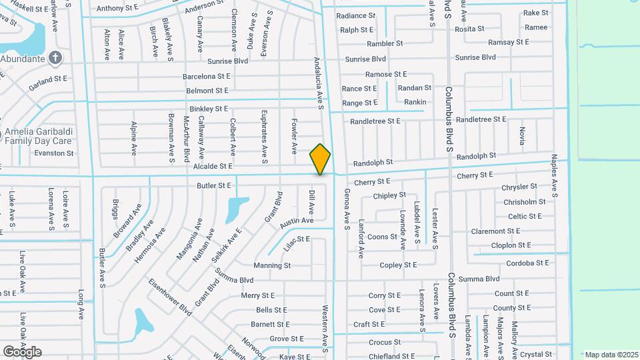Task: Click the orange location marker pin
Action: [x=320, y=159]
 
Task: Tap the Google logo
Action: [x=22, y=352]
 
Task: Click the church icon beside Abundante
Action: [x=55, y=58]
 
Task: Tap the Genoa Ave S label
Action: [x=347, y=209]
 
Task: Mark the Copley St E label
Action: [x=397, y=265]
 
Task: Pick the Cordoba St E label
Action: [x=527, y=263]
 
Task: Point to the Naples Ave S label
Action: [x=554, y=176]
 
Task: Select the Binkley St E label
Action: [x=209, y=109]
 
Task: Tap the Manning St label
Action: [x=272, y=265]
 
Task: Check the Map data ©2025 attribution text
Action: [x=610, y=355]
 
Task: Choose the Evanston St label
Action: [x=55, y=153]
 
